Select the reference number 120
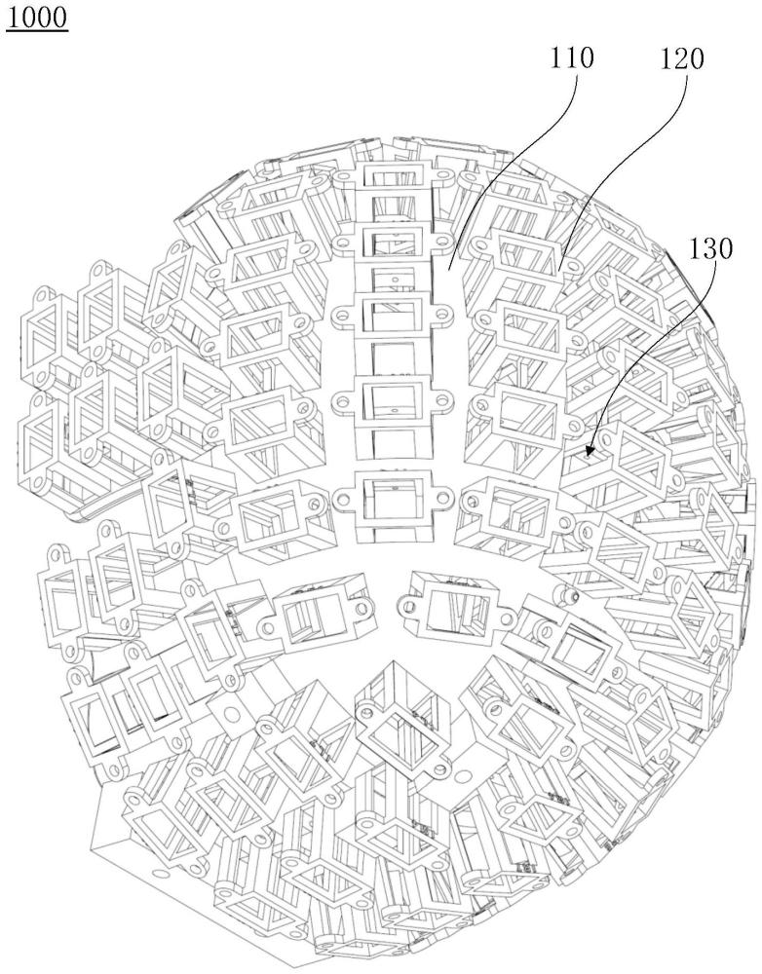point(676,57)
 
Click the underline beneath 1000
point(37,30)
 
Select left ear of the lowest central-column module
point(343,498)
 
